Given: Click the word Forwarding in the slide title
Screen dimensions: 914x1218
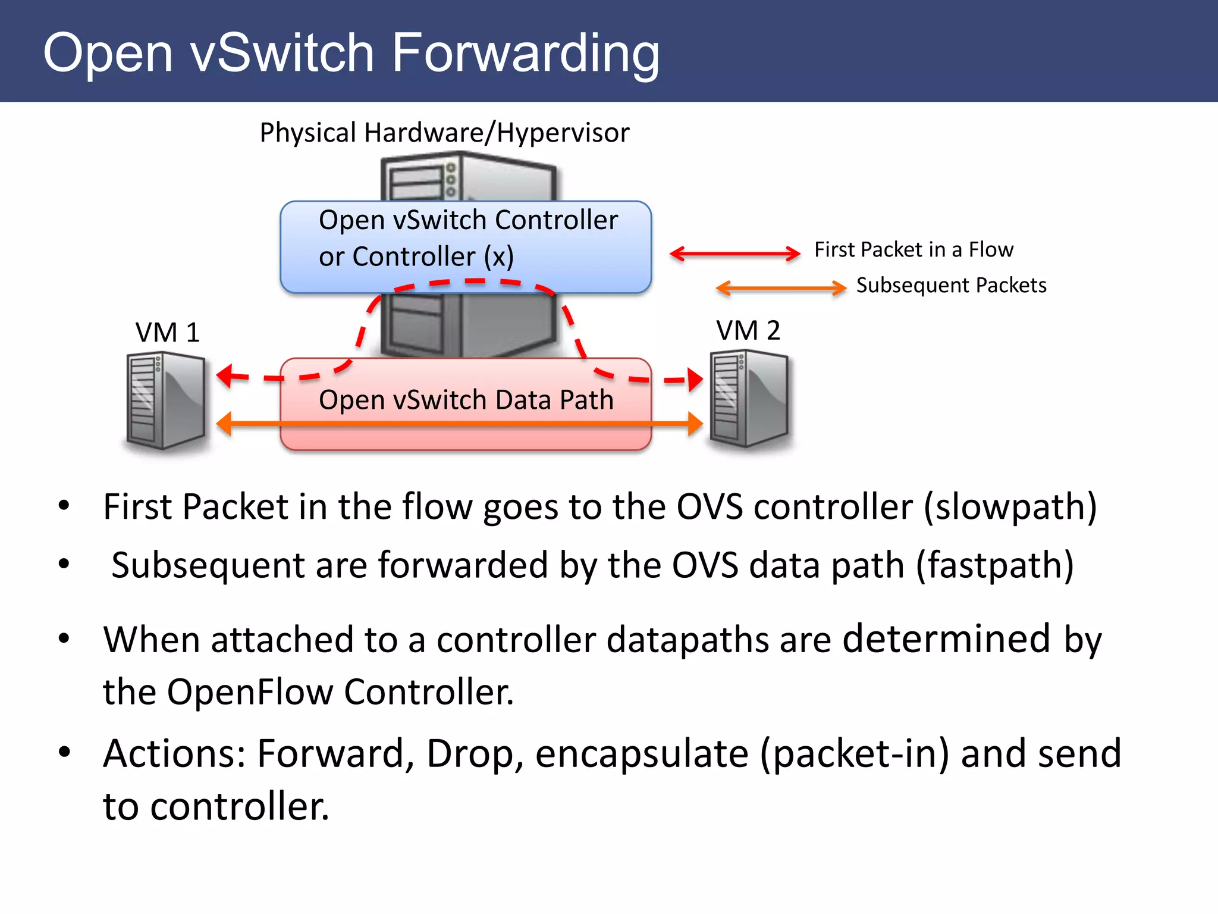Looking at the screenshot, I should (526, 54).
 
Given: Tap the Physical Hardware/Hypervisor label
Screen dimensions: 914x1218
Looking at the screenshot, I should (444, 132).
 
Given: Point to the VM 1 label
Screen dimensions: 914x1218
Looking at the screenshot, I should (167, 332).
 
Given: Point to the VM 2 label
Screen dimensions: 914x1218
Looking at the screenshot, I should (748, 330).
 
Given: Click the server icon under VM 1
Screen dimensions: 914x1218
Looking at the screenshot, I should (165, 400).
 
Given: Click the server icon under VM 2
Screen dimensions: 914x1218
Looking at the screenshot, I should (749, 398).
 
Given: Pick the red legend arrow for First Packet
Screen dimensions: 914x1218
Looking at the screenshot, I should (735, 253).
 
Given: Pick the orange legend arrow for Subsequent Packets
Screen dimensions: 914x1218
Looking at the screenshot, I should (781, 288).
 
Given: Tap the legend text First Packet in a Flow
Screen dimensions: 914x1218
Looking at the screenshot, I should (913, 249).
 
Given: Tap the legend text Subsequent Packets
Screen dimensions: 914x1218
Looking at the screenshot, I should (951, 285).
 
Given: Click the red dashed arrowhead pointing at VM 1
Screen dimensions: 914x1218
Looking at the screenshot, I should (225, 375).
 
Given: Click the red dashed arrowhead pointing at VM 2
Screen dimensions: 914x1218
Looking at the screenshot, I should (695, 379).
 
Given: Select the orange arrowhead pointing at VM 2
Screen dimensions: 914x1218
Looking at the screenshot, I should (695, 424).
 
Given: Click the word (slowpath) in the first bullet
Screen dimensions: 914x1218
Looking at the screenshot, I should (1010, 507).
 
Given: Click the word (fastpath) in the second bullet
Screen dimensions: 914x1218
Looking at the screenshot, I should (994, 565).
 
